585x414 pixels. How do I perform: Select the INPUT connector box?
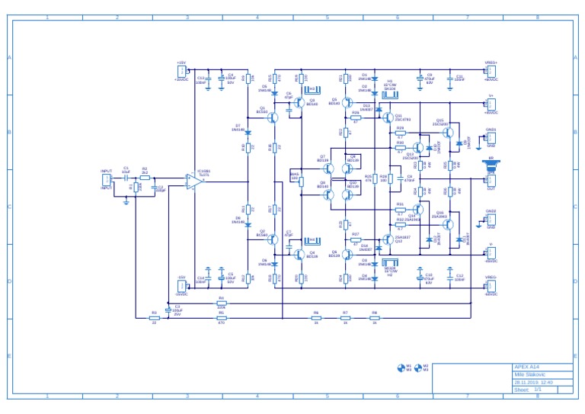107,180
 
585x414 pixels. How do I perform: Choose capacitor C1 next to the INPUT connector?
126,177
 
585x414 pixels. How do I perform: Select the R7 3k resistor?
345,318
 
